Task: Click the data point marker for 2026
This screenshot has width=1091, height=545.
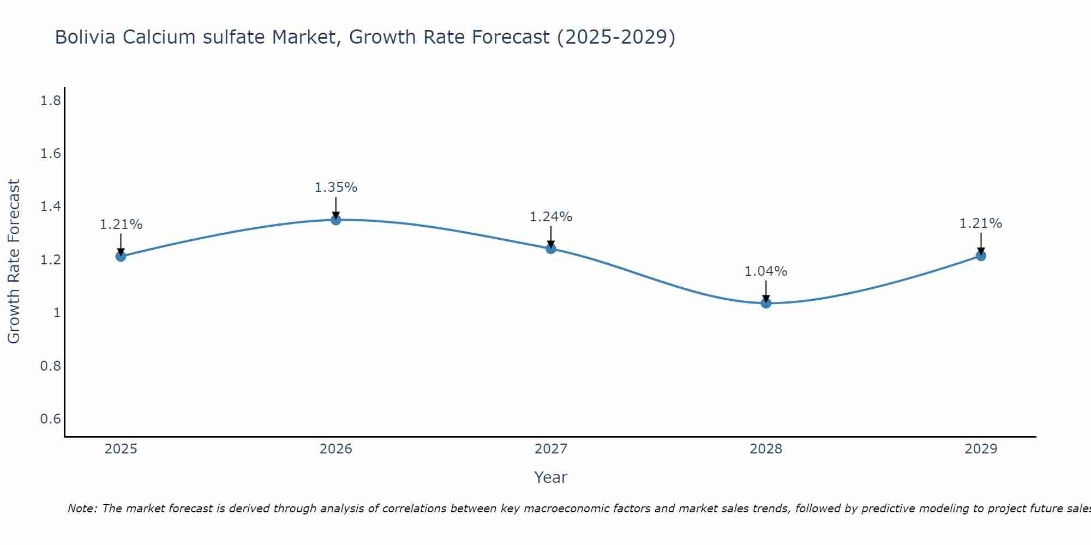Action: click(x=336, y=220)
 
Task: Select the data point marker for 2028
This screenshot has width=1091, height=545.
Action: click(x=766, y=303)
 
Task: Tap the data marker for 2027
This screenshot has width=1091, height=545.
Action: click(x=551, y=249)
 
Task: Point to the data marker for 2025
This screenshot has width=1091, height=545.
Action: click(x=121, y=256)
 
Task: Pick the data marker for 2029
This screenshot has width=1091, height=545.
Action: click(x=981, y=256)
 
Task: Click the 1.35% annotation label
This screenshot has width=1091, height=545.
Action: click(x=336, y=187)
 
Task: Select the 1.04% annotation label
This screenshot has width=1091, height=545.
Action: click(x=766, y=271)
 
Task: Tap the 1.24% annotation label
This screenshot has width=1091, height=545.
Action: click(x=551, y=217)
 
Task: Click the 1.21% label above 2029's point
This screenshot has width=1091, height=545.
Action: click(x=981, y=223)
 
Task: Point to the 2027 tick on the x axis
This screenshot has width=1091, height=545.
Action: click(x=551, y=449)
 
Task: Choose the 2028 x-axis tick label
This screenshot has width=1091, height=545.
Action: click(x=766, y=449)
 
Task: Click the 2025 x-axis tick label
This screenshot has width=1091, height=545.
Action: click(x=121, y=449)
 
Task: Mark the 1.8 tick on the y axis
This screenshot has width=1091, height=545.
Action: click(x=51, y=101)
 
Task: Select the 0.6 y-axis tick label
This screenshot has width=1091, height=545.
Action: click(x=51, y=419)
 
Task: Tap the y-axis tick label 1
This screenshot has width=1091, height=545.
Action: click(x=57, y=313)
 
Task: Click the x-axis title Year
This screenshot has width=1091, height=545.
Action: click(x=551, y=477)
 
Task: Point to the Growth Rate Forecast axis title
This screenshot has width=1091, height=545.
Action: click(x=14, y=262)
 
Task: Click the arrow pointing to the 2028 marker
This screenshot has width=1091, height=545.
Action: click(x=766, y=291)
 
